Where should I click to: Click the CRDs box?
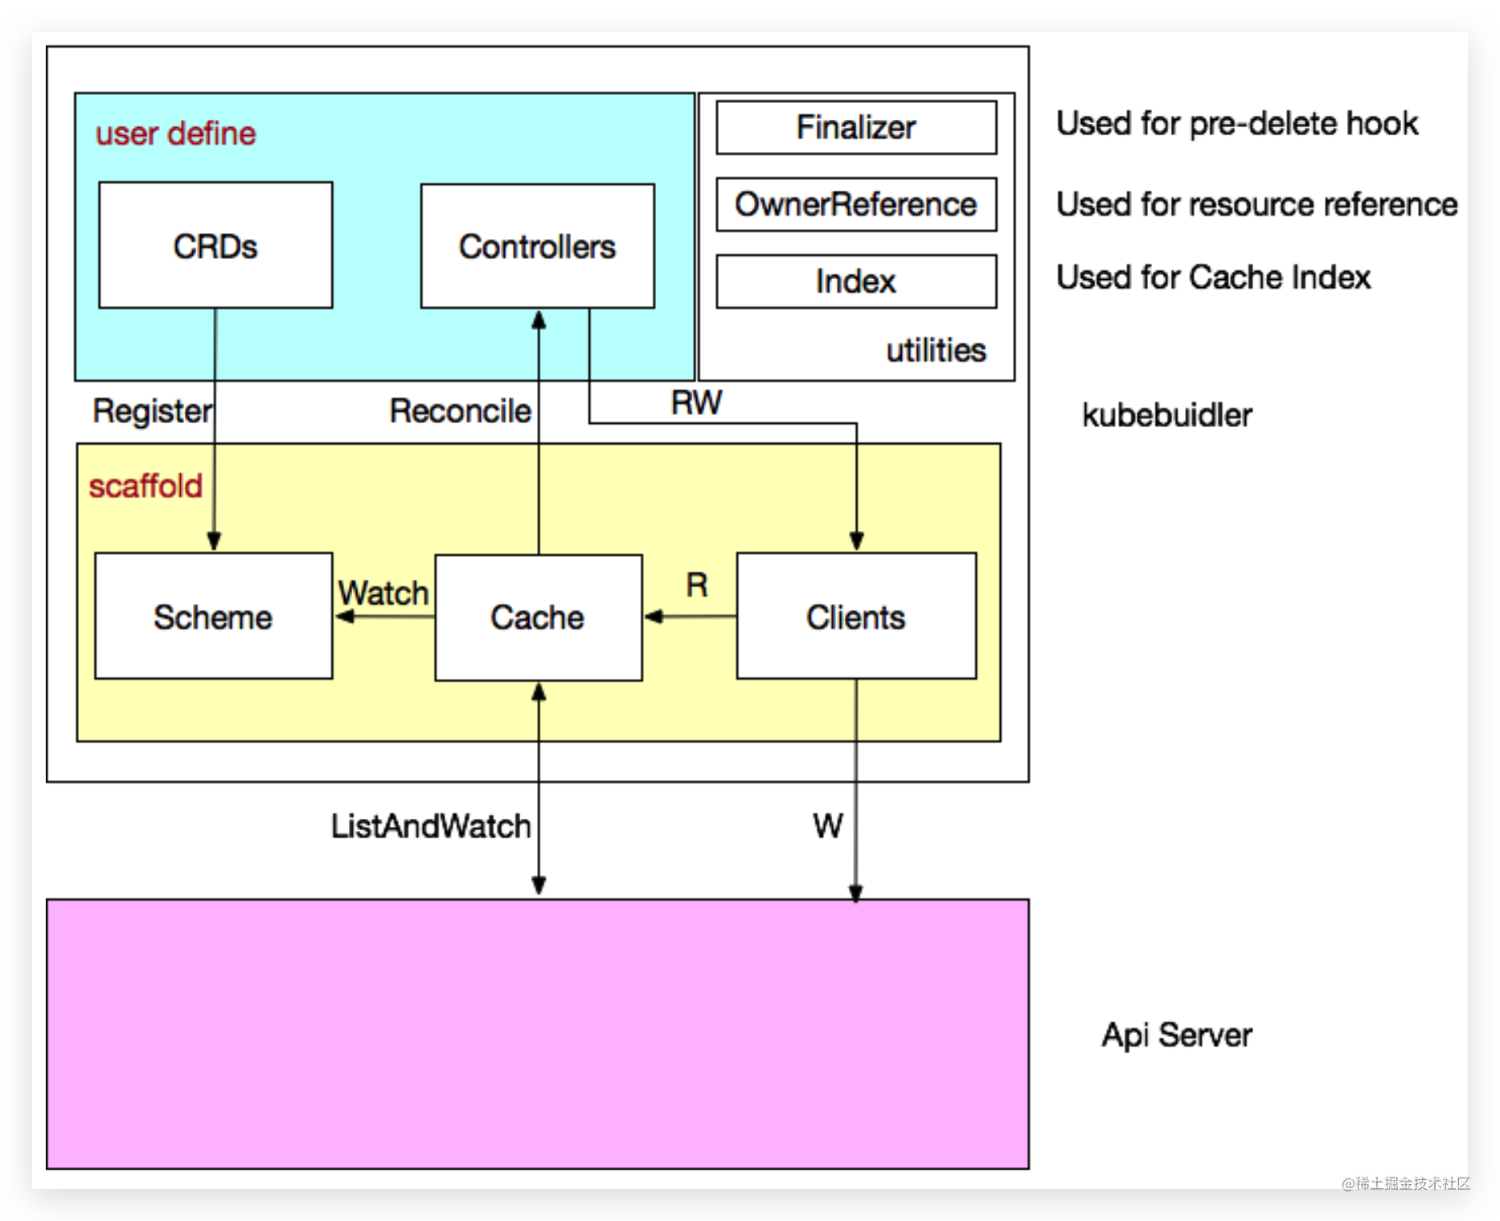tap(215, 245)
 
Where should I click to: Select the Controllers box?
tap(537, 246)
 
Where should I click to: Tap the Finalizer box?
tap(856, 127)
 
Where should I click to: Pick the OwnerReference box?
tap(856, 204)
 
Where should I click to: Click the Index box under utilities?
tap(856, 282)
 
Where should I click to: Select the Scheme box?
tap(213, 616)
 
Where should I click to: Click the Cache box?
tap(538, 617)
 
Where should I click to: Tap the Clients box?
tap(856, 616)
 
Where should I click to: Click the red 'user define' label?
tap(175, 134)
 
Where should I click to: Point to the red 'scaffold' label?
tap(145, 486)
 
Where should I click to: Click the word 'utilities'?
tap(936, 350)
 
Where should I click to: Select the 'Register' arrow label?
tap(152, 411)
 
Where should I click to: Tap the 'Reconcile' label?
tap(460, 411)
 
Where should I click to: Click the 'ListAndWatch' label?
tap(431, 826)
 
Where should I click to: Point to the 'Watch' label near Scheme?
tap(383, 593)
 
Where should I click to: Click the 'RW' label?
tap(696, 402)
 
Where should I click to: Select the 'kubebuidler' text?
tap(1166, 415)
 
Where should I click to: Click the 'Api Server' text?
tap(1176, 1034)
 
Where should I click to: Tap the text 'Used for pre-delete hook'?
tap(1237, 124)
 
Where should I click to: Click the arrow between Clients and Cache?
tap(690, 617)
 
